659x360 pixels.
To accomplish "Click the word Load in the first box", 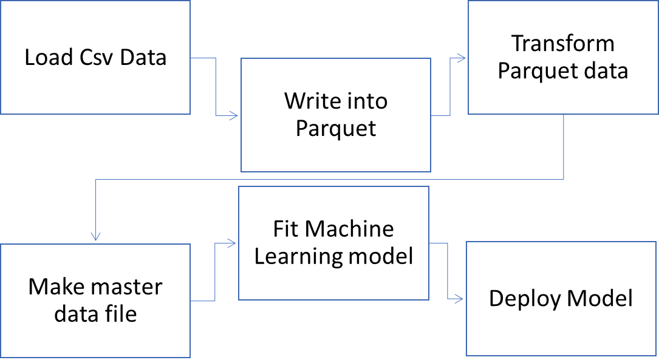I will click(46, 58).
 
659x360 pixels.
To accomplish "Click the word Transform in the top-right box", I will click(562, 44).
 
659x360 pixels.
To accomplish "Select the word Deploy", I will click(524, 298).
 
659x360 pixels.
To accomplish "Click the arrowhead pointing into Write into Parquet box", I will click(234, 115).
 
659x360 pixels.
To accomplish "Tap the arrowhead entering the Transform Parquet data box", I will click(462, 58).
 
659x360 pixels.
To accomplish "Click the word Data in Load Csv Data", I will click(143, 58).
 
